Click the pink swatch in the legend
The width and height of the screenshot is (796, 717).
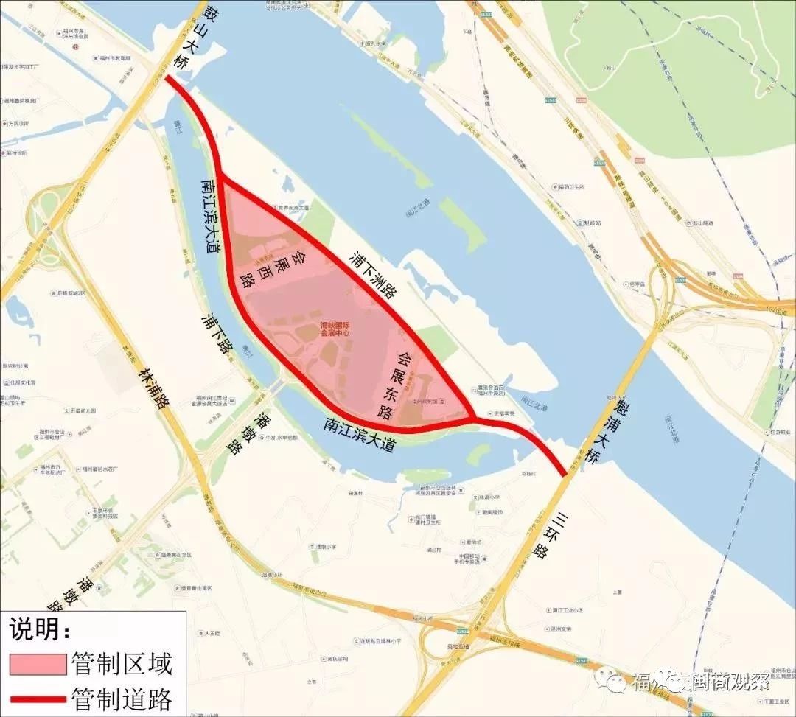(38, 663)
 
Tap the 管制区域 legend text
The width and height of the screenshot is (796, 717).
(122, 664)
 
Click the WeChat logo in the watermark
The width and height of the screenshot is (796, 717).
(612, 680)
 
